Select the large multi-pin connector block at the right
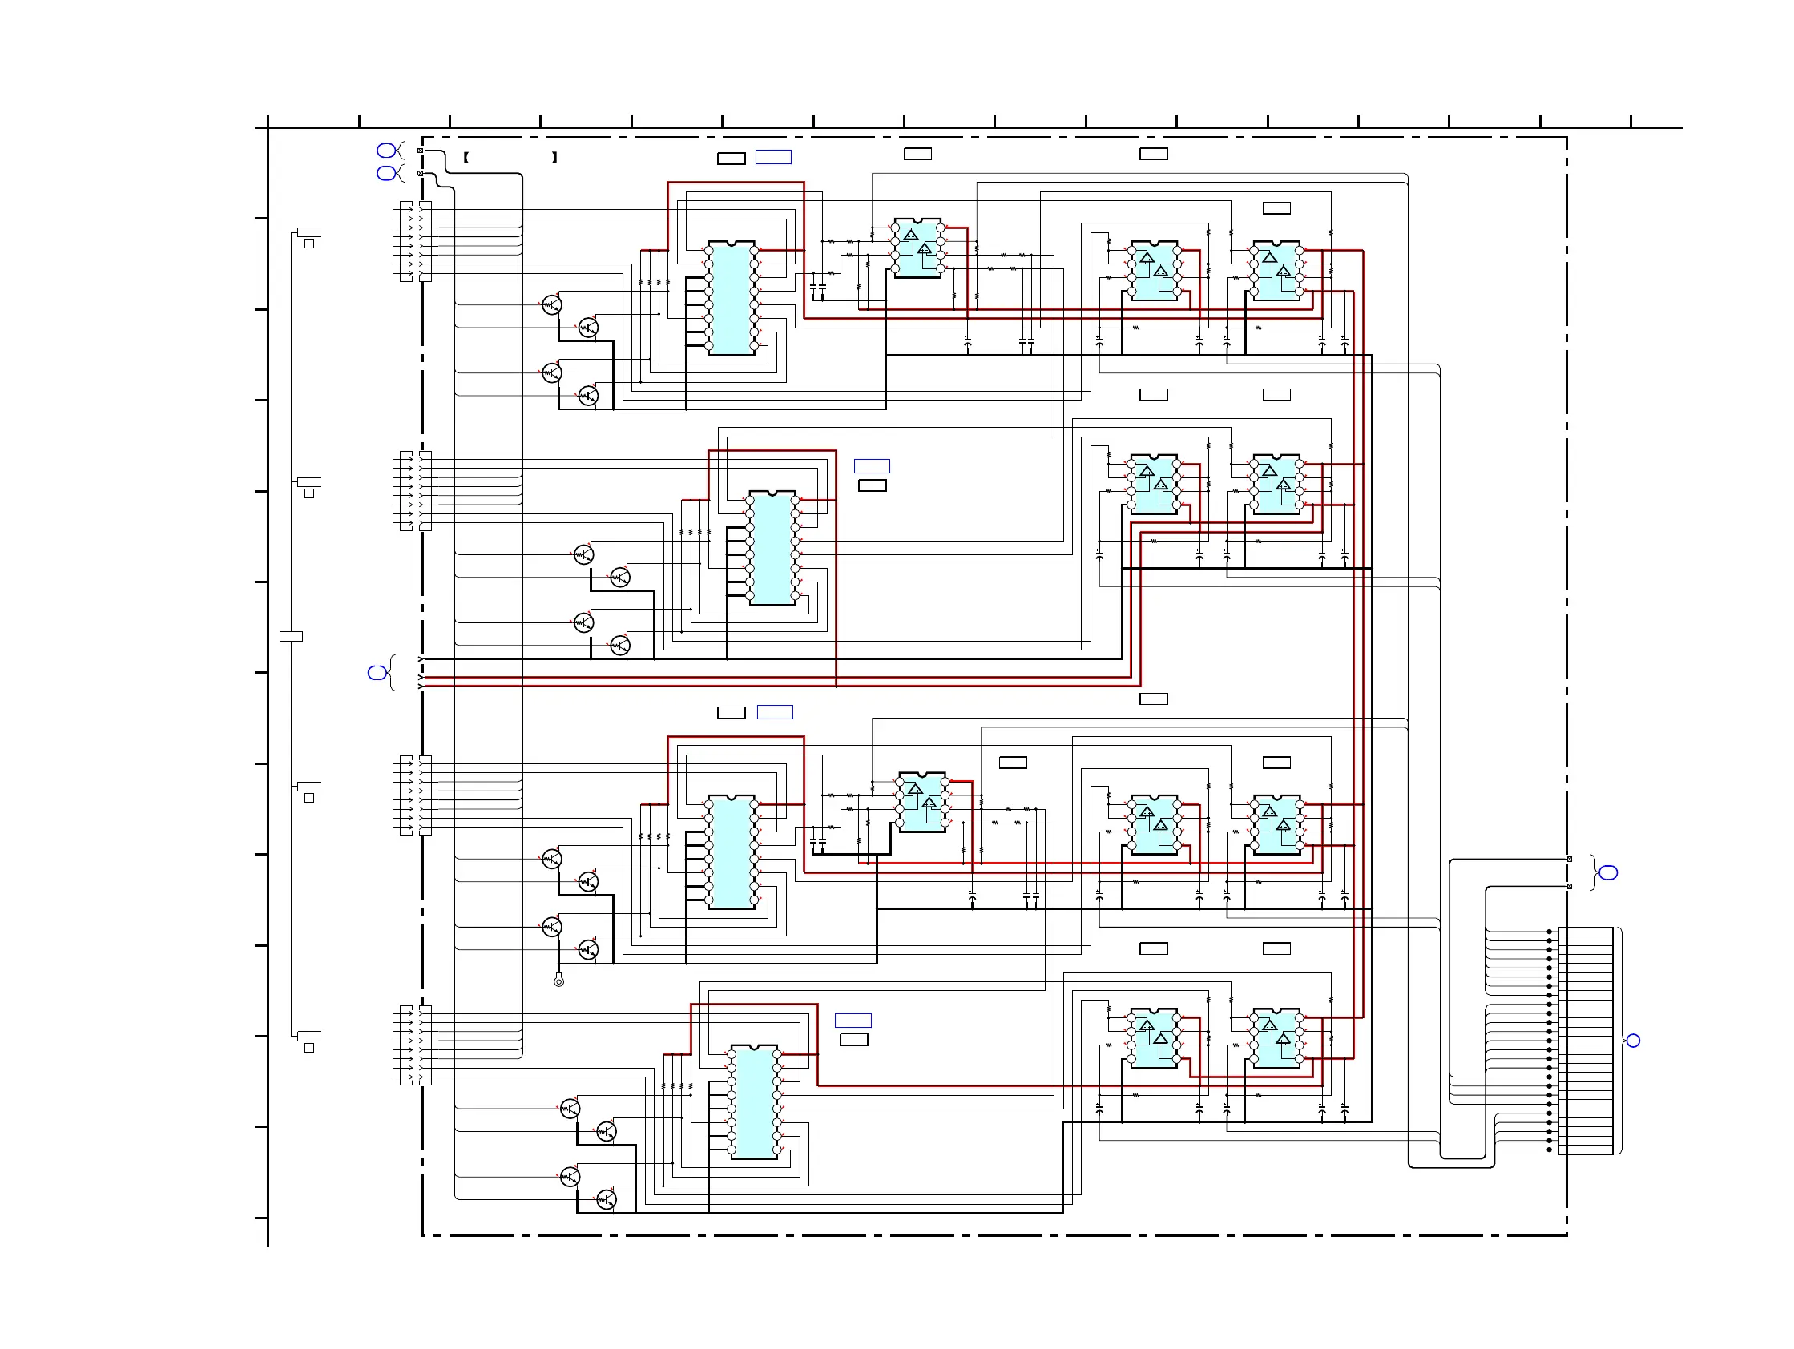(x=1585, y=1040)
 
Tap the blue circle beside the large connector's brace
(x=1634, y=1041)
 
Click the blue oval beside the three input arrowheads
(x=377, y=673)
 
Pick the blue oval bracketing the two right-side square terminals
(x=1608, y=873)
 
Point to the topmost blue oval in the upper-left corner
(x=386, y=151)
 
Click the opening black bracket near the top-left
(x=466, y=158)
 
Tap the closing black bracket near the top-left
(x=554, y=158)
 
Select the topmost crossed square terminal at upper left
(x=420, y=151)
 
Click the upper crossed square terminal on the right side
(x=1570, y=860)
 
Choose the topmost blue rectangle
(x=773, y=157)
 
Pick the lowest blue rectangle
(x=853, y=1021)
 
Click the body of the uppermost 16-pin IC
(x=732, y=298)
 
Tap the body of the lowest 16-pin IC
(x=754, y=1102)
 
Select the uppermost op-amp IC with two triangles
(x=917, y=248)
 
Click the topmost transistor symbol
(x=551, y=305)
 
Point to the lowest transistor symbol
(x=606, y=1200)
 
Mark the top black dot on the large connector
(x=1549, y=932)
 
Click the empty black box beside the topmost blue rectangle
(x=731, y=159)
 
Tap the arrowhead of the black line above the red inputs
(x=420, y=659)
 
